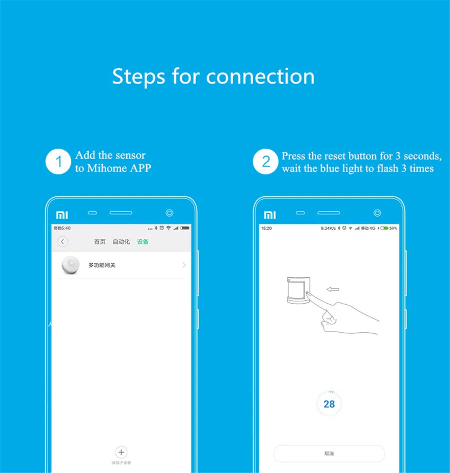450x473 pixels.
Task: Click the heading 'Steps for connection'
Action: [x=213, y=77]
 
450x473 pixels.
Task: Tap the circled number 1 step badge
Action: [x=59, y=162]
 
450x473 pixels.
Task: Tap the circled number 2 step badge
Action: [x=265, y=162]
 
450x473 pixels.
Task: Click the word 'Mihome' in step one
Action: [x=107, y=169]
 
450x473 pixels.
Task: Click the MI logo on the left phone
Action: [x=61, y=215]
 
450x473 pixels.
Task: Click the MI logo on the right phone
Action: [x=269, y=215]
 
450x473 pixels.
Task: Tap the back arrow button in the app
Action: [x=62, y=242]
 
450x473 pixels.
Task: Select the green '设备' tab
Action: [x=142, y=242]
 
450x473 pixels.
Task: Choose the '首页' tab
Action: [x=100, y=242]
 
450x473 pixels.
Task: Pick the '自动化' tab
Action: [x=121, y=242]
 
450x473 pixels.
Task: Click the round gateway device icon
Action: [x=71, y=265]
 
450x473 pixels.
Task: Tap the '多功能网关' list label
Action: [x=102, y=265]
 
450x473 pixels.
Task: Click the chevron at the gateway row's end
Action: [x=184, y=265]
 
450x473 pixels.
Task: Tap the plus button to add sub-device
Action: [x=121, y=452]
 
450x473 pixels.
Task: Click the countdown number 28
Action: [x=329, y=404]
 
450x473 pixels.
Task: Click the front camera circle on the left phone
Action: [x=169, y=213]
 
